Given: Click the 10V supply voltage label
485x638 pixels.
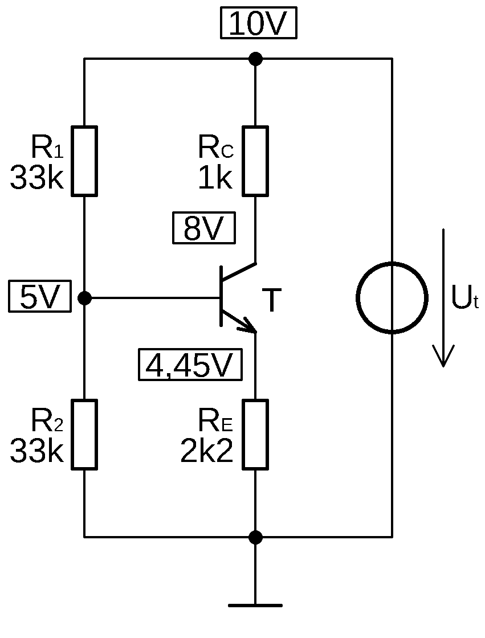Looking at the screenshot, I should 259,25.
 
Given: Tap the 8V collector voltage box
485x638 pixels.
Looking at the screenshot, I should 203,230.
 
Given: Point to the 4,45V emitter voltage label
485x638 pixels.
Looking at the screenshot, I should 190,365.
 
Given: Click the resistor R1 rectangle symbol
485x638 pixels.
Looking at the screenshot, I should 84,161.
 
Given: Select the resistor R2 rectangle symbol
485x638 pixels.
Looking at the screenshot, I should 84,434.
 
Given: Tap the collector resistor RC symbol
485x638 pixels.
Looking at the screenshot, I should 255,161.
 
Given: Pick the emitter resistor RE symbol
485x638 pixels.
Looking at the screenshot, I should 255,434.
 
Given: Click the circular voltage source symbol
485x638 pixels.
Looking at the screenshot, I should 392,297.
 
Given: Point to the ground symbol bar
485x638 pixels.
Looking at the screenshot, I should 255,605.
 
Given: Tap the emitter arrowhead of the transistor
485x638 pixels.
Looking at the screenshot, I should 248,326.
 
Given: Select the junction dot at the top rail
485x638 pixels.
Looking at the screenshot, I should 256,59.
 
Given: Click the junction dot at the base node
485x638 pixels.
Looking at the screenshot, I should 84,297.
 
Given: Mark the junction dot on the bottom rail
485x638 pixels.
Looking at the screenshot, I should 256,537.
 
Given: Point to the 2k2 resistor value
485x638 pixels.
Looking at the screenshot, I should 207,452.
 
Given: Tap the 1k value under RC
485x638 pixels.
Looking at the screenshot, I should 215,179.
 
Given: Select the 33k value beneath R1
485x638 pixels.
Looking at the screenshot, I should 36,179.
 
